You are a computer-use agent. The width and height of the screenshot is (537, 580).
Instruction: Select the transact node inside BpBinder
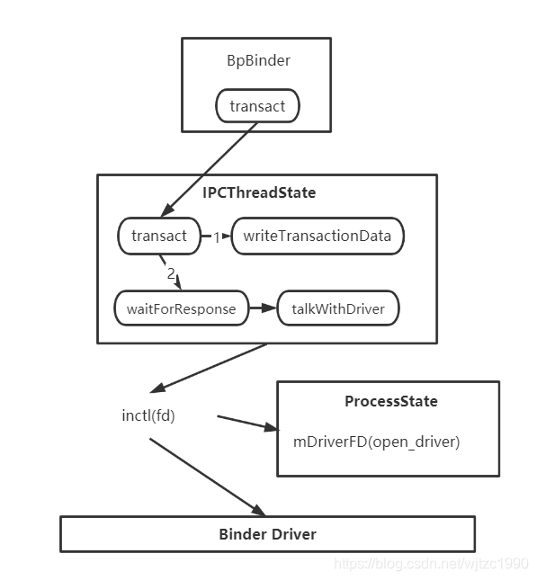(x=257, y=106)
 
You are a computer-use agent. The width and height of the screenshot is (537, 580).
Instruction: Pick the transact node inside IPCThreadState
(x=158, y=236)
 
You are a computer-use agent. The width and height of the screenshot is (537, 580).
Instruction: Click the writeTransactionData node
(x=318, y=236)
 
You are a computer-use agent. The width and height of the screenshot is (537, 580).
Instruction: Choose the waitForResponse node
(x=181, y=308)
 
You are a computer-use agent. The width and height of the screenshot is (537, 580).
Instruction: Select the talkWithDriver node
(x=337, y=308)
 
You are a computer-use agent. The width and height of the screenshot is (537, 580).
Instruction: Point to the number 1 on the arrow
(x=216, y=236)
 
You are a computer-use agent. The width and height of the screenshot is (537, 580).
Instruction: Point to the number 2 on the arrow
(x=171, y=273)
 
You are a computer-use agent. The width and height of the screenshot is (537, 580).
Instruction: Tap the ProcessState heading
(x=391, y=401)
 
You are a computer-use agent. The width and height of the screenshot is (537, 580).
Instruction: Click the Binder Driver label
(x=267, y=534)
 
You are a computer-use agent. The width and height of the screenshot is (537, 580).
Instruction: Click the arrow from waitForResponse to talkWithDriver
(x=263, y=308)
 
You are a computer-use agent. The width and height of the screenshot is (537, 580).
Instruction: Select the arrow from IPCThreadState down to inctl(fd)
(x=210, y=366)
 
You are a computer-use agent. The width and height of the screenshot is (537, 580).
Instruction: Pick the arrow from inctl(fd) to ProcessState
(x=243, y=423)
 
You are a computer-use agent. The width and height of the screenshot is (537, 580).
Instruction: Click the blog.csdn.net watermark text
(x=431, y=564)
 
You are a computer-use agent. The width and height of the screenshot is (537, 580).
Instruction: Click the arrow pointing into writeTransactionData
(x=225, y=236)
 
